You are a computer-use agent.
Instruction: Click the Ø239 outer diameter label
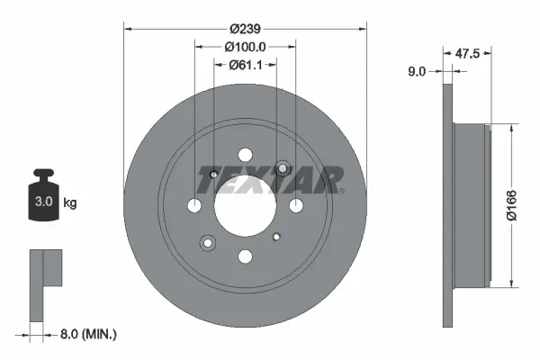click(245, 28)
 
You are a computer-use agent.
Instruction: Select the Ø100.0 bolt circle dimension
click(245, 46)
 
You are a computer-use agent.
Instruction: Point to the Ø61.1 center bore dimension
click(245, 64)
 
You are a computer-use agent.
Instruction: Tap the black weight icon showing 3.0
click(43, 193)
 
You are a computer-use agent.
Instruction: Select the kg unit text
click(70, 203)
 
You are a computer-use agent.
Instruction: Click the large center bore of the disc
click(245, 206)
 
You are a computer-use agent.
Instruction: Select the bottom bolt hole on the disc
click(245, 256)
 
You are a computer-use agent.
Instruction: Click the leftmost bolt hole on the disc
click(195, 206)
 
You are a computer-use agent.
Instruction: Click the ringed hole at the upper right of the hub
click(283, 169)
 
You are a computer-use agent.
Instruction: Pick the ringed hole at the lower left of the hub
click(208, 242)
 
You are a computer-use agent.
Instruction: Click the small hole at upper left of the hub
click(213, 175)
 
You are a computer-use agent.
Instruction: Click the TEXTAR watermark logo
click(269, 179)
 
